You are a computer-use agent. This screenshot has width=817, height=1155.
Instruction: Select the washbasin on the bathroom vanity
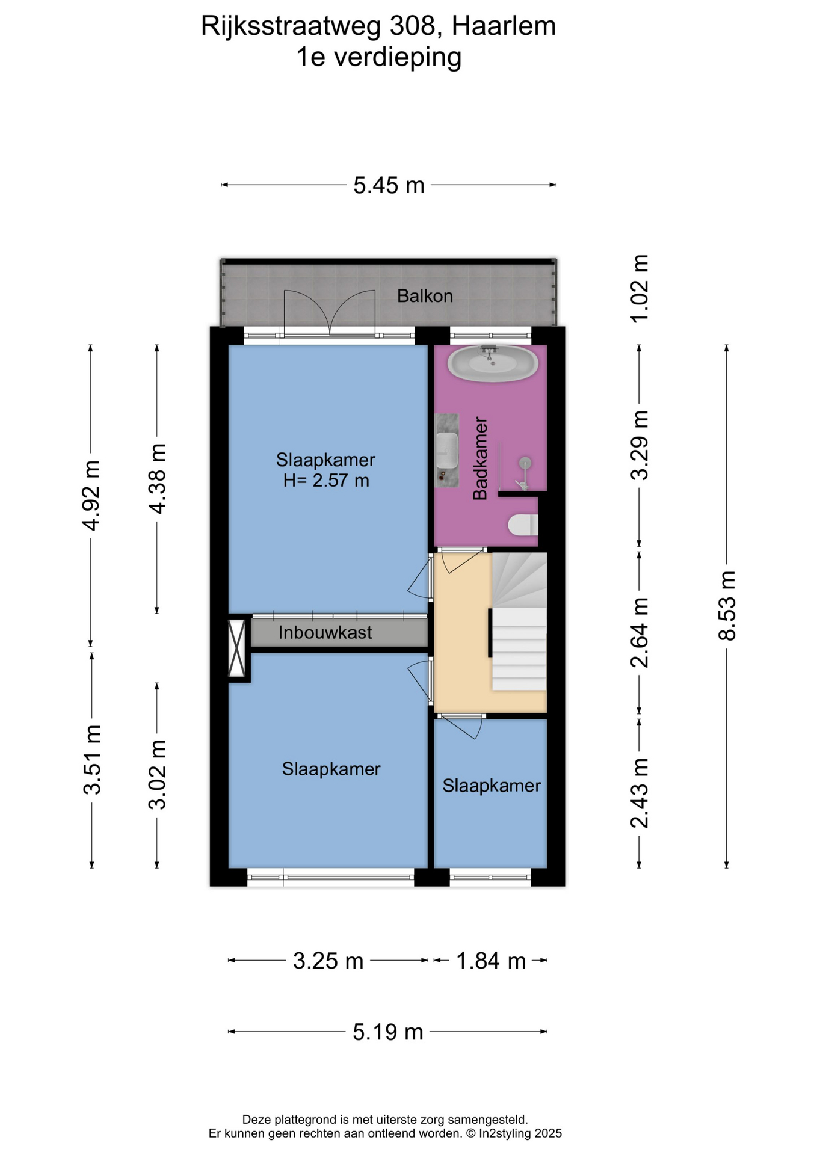pos(446,449)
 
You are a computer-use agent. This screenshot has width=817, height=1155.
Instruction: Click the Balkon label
pos(425,296)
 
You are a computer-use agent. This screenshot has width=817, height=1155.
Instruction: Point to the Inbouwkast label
pos(325,632)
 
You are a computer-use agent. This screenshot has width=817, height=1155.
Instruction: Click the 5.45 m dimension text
pos(389,185)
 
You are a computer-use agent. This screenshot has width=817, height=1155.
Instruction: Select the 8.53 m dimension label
pos(727,606)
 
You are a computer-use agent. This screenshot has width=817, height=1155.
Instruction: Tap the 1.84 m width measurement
pos(491,961)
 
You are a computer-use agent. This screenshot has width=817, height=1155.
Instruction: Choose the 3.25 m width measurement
pos(328,961)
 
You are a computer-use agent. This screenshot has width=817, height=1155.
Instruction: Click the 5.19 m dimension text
pos(388,1032)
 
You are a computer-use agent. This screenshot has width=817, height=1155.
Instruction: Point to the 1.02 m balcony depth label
pos(640,289)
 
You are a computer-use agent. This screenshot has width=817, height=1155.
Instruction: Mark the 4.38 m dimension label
pos(158,479)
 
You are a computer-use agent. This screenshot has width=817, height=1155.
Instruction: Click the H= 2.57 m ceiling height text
pos(326,481)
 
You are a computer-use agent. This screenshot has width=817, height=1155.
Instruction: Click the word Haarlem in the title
pos(504,26)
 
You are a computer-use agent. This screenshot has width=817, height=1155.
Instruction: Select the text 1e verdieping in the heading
pos(379,57)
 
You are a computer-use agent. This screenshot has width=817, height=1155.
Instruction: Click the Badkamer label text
pos(480,458)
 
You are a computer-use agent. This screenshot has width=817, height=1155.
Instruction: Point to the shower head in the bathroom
pos(525,463)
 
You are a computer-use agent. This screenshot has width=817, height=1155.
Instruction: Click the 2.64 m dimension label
pos(640,633)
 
